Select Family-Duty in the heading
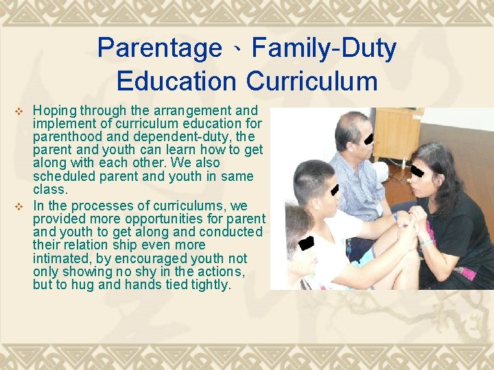(324, 49)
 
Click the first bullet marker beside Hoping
(19, 111)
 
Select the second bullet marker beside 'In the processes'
(19, 206)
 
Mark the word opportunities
(161, 219)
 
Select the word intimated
(66, 259)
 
